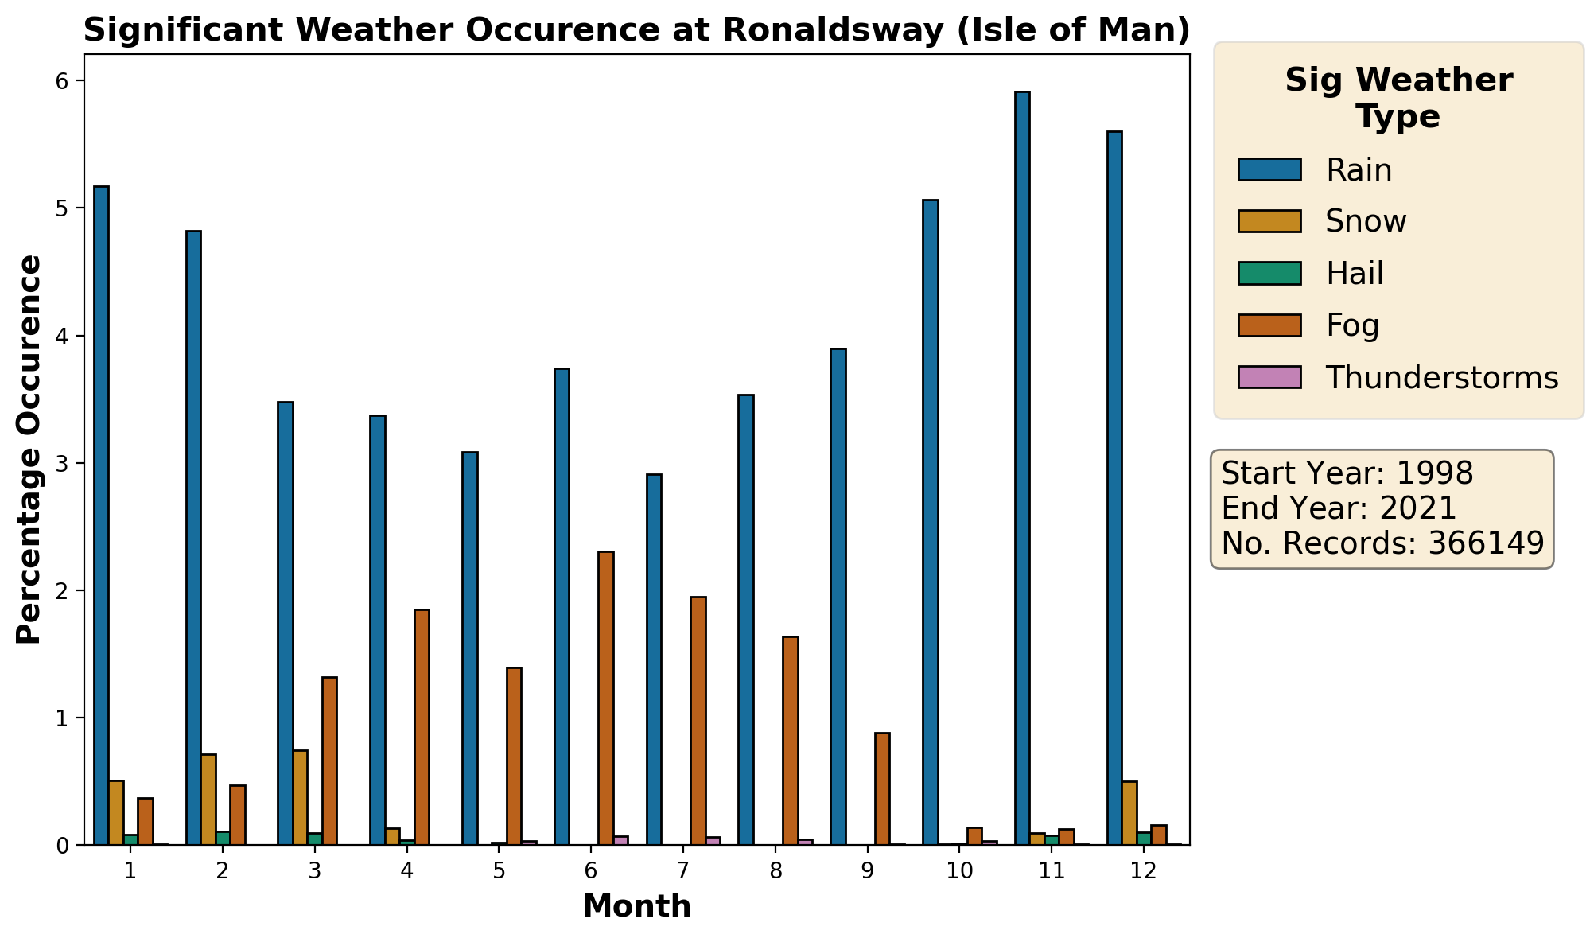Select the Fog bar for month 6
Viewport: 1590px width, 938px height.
point(606,698)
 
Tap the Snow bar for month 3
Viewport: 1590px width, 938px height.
point(301,797)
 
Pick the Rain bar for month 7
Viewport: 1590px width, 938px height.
point(654,660)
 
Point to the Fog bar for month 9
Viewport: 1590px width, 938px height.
point(882,788)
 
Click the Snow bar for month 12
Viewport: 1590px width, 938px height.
point(1129,813)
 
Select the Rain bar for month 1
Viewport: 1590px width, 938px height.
point(101,516)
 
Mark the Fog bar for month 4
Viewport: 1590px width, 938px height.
point(422,727)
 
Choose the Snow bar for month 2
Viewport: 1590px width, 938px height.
point(208,800)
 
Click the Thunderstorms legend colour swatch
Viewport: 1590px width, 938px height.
point(1269,377)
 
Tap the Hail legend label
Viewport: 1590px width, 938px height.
point(1355,274)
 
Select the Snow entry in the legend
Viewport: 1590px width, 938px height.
point(1366,221)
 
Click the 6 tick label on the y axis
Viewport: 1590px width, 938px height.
point(64,81)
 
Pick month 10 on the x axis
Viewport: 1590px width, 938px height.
point(960,871)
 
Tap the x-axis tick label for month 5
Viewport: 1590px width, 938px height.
point(499,871)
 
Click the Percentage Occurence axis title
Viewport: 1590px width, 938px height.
point(29,450)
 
